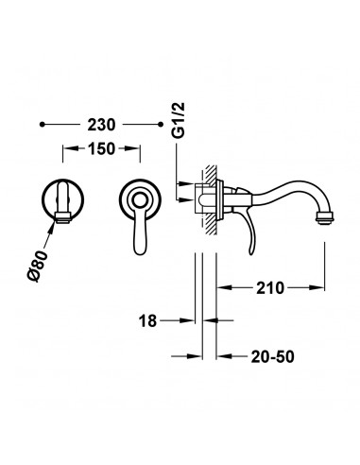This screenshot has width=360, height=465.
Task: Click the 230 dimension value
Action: pos(101,125)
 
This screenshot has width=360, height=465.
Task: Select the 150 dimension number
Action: pos(101,148)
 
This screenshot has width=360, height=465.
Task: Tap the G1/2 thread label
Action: pos(179,120)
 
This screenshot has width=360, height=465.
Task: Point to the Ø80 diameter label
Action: pos(38,266)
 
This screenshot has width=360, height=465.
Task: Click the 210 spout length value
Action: pos(270,287)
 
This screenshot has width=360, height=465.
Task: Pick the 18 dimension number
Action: pos(147,320)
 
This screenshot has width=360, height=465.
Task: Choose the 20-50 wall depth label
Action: pos(272,356)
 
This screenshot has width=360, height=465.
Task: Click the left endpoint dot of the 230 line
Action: pos(43,125)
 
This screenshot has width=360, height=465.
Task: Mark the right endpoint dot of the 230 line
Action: pos(161,125)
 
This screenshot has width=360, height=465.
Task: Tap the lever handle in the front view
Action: pos(140,230)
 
